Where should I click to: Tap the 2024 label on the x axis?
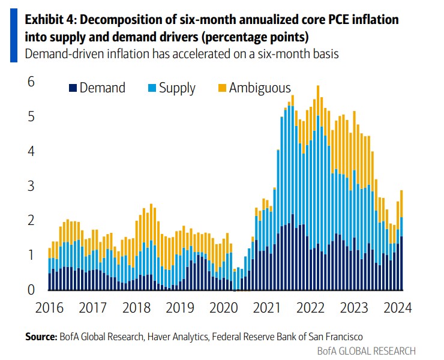[396, 308]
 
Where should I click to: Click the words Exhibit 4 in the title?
[50, 20]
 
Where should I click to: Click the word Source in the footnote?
[40, 337]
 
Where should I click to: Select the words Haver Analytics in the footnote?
[177, 337]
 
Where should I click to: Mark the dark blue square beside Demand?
[73, 88]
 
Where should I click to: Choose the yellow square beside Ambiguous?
[221, 88]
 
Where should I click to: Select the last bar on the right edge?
[401, 240]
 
